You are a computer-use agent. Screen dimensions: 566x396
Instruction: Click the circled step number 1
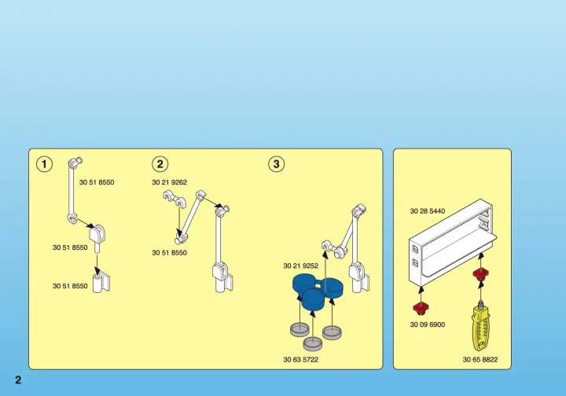click(44, 164)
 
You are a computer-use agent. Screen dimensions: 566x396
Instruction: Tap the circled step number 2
click(160, 164)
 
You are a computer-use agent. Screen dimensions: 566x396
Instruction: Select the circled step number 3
click(277, 164)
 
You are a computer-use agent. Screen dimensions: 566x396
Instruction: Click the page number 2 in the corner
click(18, 379)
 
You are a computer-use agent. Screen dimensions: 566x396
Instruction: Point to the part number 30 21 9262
click(169, 182)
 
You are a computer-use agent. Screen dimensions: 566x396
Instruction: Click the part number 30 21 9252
click(300, 266)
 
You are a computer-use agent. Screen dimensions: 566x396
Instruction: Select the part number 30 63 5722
click(300, 360)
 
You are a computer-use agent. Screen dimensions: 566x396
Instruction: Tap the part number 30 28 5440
click(428, 211)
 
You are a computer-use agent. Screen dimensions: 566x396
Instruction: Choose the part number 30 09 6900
click(428, 324)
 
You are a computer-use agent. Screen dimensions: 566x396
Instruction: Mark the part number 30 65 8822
click(480, 360)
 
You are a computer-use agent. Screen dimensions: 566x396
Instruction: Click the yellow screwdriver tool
click(481, 326)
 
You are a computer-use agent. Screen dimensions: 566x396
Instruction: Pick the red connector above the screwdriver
click(480, 274)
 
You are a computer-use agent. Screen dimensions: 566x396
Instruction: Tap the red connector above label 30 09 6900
click(421, 309)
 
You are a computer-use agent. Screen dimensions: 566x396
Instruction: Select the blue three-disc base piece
click(318, 291)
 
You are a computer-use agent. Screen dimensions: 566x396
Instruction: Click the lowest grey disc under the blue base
click(313, 343)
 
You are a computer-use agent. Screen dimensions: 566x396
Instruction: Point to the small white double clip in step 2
click(174, 200)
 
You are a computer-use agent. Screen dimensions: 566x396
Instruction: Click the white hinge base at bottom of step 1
click(101, 283)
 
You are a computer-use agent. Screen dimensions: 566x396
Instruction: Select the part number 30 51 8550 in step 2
click(169, 253)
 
